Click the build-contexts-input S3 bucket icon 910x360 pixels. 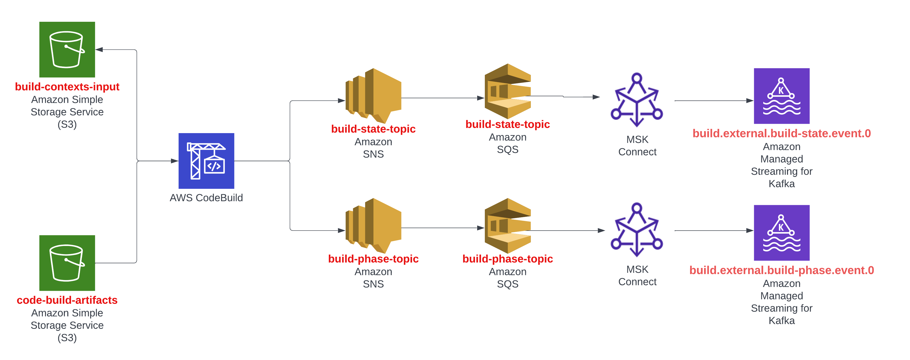click(x=67, y=49)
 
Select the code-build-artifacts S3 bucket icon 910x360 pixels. click(x=67, y=263)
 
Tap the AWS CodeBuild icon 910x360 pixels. click(x=206, y=161)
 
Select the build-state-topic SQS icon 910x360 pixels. click(x=507, y=91)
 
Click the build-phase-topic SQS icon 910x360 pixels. click(x=507, y=225)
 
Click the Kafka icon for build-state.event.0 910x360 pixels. click(x=781, y=96)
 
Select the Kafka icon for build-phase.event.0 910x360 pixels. click(x=781, y=233)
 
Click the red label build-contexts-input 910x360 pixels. click(x=67, y=87)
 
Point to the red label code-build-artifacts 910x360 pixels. click(x=67, y=300)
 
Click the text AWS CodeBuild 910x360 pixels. click(x=206, y=197)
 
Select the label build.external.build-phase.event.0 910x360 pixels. click(x=781, y=270)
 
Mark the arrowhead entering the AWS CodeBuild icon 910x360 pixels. click(x=174, y=161)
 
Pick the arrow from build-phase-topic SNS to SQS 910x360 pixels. click(x=442, y=228)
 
